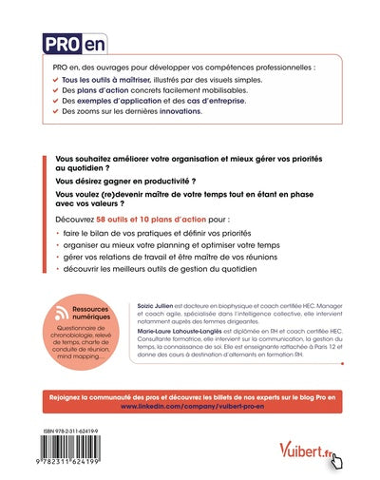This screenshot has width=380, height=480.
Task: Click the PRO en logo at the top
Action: pyautogui.click(x=76, y=43)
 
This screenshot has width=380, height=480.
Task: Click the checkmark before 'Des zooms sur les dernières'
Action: pyautogui.click(x=55, y=111)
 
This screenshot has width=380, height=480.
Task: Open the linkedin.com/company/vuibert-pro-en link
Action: pyautogui.click(x=190, y=404)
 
